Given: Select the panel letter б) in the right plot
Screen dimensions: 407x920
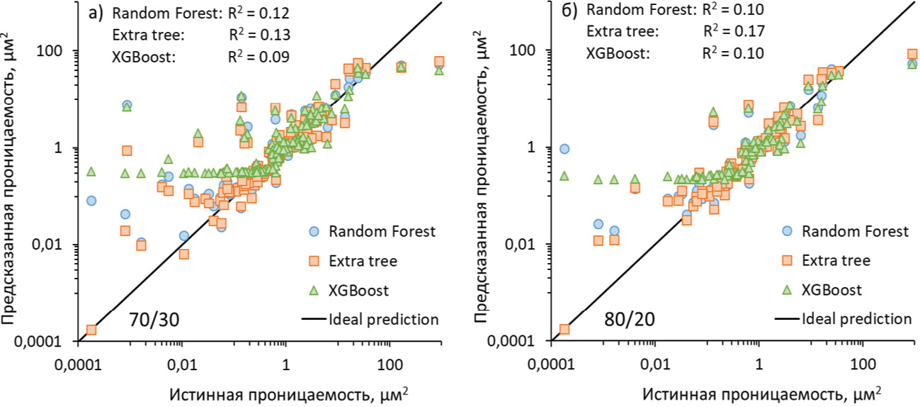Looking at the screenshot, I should tap(571, 10).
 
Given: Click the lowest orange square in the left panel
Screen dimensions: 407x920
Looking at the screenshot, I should tap(91, 330).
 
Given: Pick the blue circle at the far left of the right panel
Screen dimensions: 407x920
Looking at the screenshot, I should tap(564, 149).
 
